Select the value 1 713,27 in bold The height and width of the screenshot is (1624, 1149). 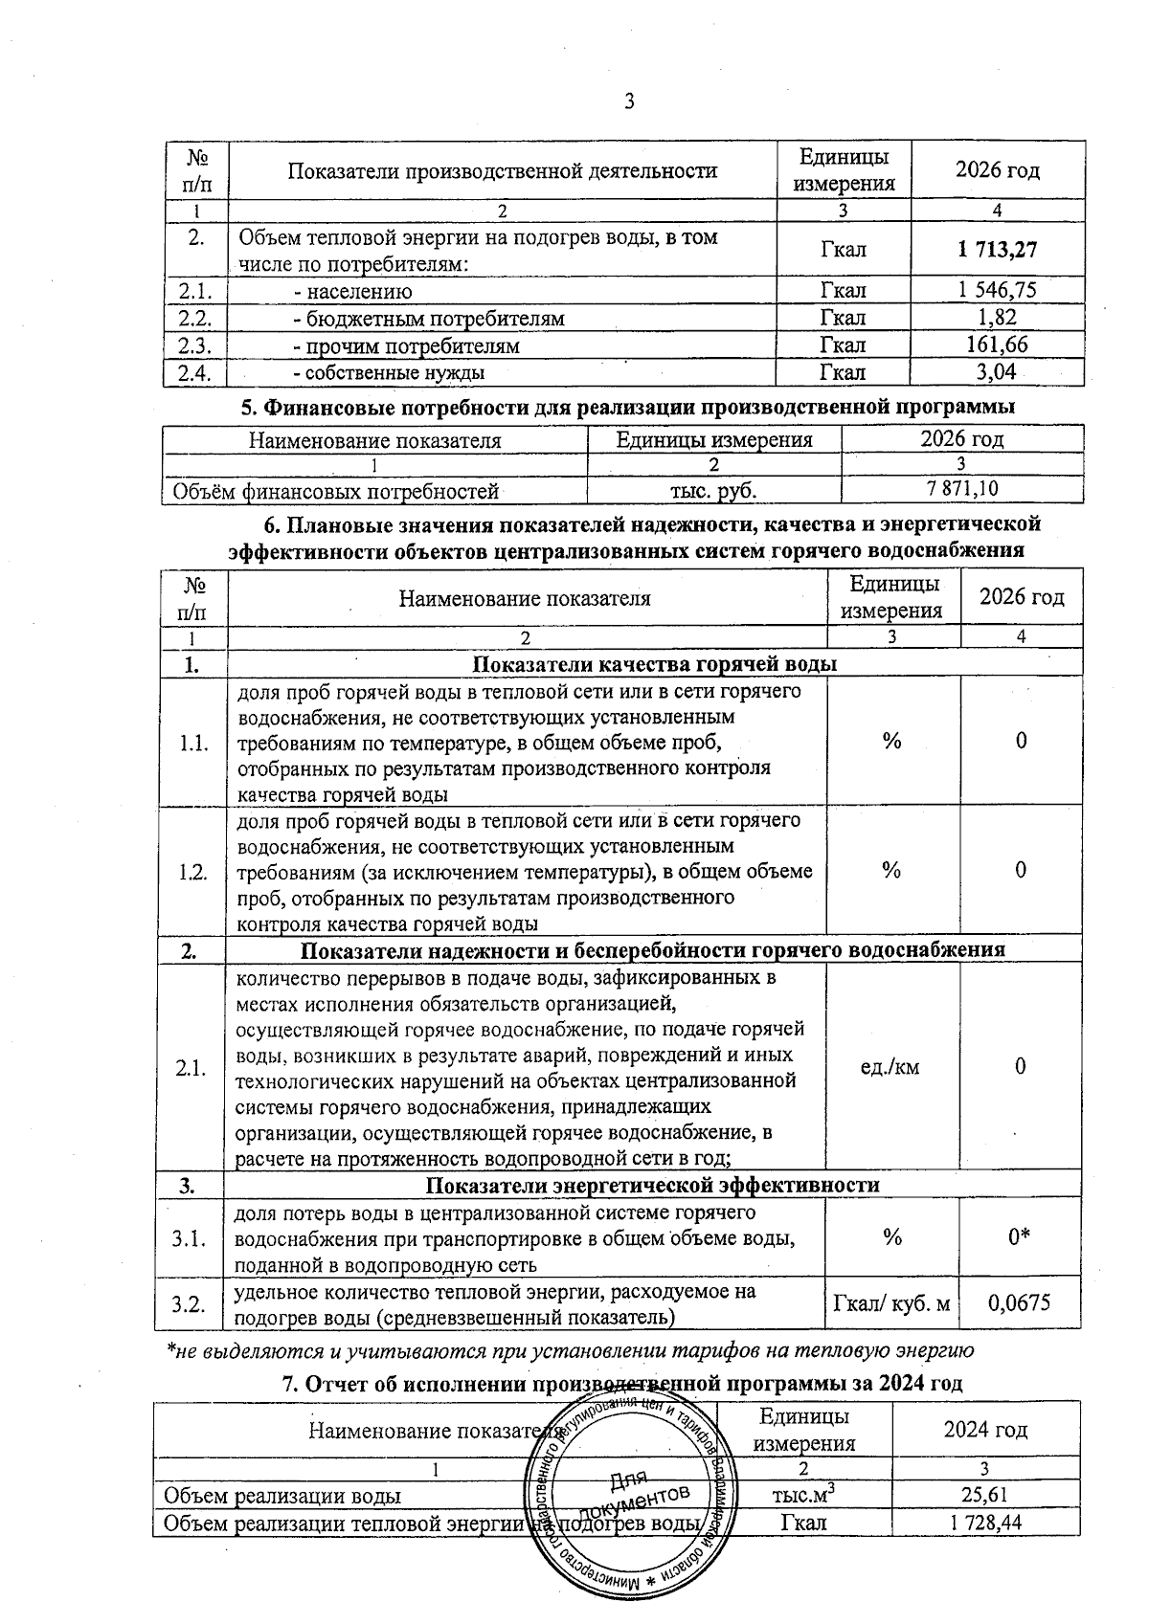click(997, 250)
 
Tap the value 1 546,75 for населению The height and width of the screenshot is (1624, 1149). click(997, 291)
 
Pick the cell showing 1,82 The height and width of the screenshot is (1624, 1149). click(997, 318)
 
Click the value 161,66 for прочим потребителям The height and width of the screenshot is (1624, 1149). click(997, 345)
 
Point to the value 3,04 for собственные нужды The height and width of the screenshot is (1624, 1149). click(997, 371)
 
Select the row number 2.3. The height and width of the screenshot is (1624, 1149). click(195, 345)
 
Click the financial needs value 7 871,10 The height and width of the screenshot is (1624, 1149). click(961, 490)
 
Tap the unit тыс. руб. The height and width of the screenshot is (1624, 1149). click(713, 491)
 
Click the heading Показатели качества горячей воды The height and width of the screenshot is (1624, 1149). click(655, 664)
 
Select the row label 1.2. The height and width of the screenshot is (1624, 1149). click(192, 871)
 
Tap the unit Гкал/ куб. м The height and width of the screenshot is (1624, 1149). click(892, 1303)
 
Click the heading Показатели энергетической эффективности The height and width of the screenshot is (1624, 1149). click(652, 1185)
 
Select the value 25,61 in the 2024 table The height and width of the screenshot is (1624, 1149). click(985, 1495)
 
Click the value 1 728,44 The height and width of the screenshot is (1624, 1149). click(985, 1522)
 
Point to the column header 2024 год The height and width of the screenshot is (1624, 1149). click(985, 1430)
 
